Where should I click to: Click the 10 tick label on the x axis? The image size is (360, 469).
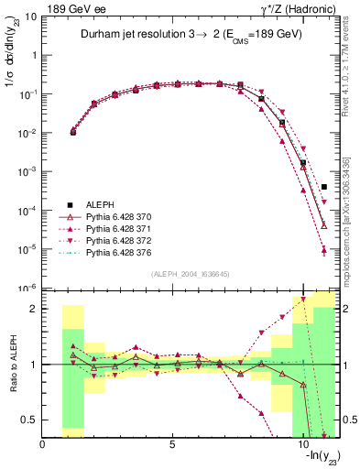[x=303, y=445]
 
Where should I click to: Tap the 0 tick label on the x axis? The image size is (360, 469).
[x=43, y=445]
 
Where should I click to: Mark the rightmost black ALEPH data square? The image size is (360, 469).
[x=324, y=186]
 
